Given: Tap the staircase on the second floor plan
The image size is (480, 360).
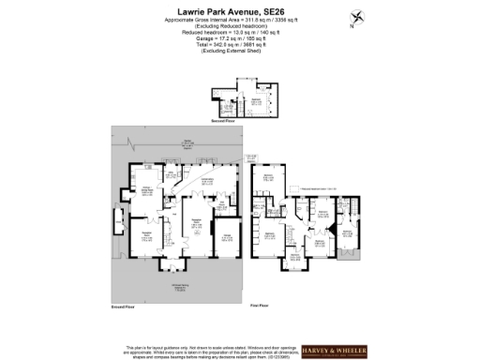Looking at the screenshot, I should pyautogui.click(x=229, y=109).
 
